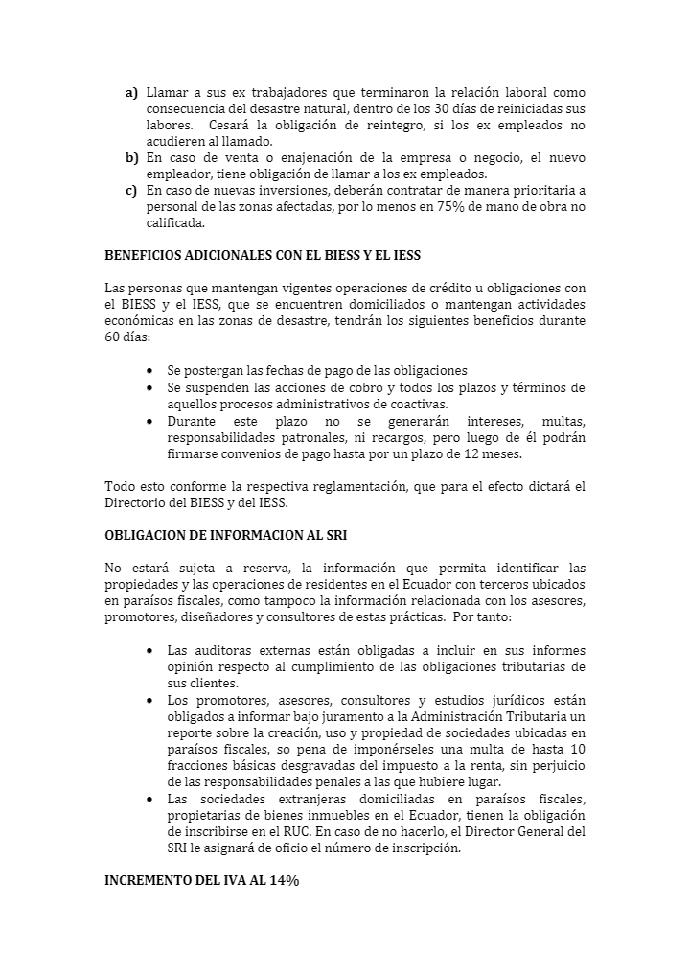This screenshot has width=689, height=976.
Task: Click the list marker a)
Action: pyautogui.click(x=131, y=93)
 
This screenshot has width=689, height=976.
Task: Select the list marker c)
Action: pyautogui.click(x=131, y=191)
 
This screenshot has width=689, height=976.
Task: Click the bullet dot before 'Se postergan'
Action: pyautogui.click(x=151, y=371)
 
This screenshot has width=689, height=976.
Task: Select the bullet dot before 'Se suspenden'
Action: pyautogui.click(x=151, y=387)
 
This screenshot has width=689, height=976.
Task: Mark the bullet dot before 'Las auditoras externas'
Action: pyautogui.click(x=151, y=651)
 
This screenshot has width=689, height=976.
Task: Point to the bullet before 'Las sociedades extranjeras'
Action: pyautogui.click(x=151, y=798)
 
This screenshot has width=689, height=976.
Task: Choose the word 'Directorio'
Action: pyautogui.click(x=134, y=501)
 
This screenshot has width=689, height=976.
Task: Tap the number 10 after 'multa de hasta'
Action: pyautogui.click(x=577, y=749)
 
